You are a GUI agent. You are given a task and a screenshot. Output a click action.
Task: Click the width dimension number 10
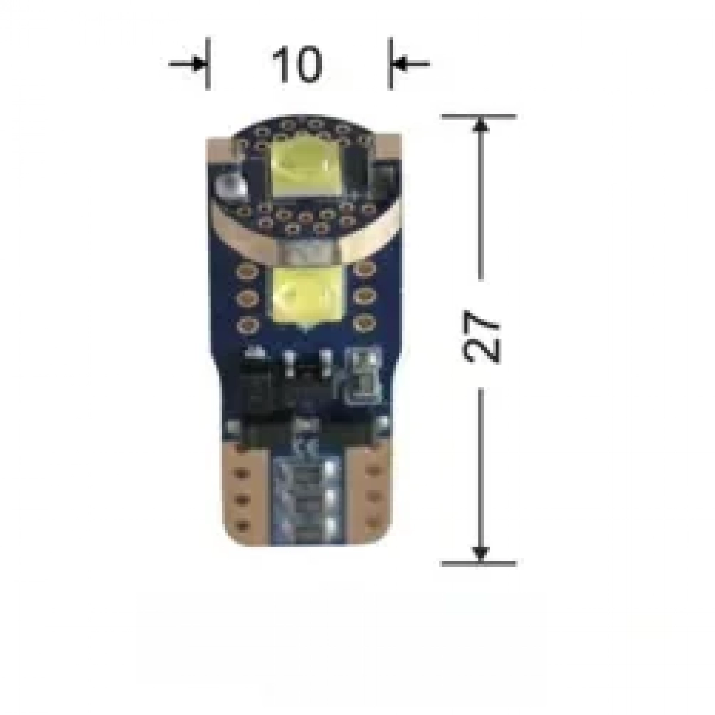point(297,64)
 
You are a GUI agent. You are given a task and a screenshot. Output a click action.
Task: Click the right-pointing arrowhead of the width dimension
point(199,63)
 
